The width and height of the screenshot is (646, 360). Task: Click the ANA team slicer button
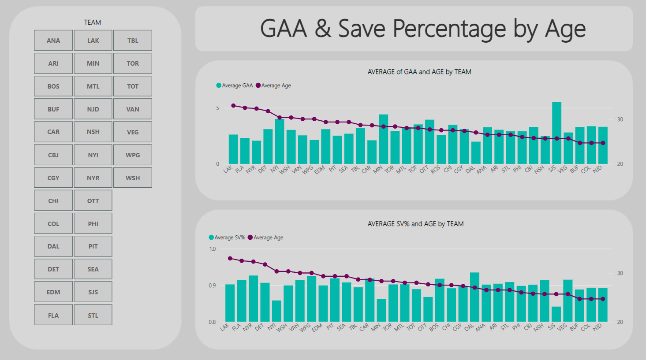(53, 41)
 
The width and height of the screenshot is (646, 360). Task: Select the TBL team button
(133, 41)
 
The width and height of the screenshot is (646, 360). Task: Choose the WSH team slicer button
(133, 178)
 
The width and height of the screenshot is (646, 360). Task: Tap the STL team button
(93, 315)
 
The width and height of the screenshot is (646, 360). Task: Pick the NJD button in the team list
(93, 109)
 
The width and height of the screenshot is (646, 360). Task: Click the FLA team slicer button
(53, 315)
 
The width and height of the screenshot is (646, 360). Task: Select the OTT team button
(93, 201)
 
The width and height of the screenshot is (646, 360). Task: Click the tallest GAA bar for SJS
(557, 132)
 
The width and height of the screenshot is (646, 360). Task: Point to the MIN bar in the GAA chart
(384, 139)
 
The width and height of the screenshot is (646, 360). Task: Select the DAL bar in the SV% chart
(474, 297)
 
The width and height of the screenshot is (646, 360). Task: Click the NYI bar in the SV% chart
(276, 311)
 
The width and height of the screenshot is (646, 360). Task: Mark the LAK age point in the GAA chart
(233, 106)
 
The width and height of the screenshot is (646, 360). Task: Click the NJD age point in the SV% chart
(603, 299)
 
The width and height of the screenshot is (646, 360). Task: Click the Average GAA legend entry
(235, 85)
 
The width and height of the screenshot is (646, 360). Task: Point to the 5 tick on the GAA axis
(217, 108)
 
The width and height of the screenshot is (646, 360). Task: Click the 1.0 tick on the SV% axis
(213, 249)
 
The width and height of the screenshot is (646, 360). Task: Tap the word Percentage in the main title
(449, 29)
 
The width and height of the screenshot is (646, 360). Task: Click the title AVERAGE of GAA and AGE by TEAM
(419, 72)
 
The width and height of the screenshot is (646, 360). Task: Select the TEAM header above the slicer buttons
(93, 22)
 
